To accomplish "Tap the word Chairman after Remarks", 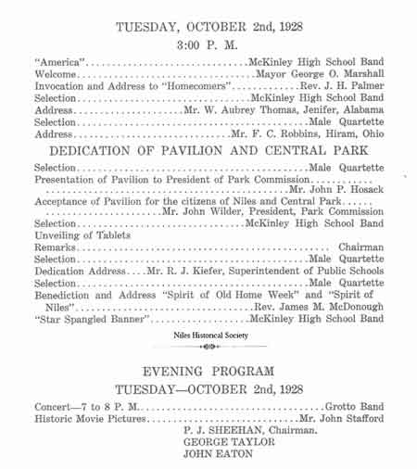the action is click(x=360, y=247).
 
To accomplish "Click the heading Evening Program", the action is click(x=208, y=371).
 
